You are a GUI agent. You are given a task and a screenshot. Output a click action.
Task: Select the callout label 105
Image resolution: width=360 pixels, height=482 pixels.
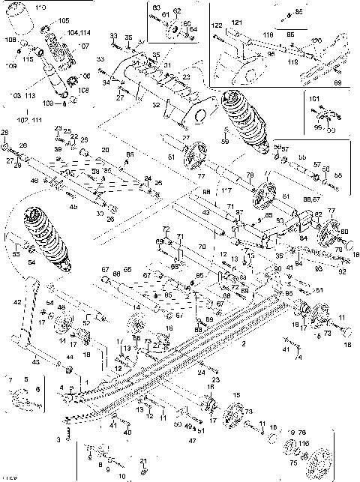[x=62, y=20]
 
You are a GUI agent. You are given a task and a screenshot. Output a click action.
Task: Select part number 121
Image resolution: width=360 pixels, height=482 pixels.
[x=237, y=23]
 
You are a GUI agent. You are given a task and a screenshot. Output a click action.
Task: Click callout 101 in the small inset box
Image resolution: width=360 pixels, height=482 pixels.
[x=313, y=98]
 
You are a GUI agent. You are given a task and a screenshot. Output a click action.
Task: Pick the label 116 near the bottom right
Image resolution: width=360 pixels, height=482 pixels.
[x=306, y=445]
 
